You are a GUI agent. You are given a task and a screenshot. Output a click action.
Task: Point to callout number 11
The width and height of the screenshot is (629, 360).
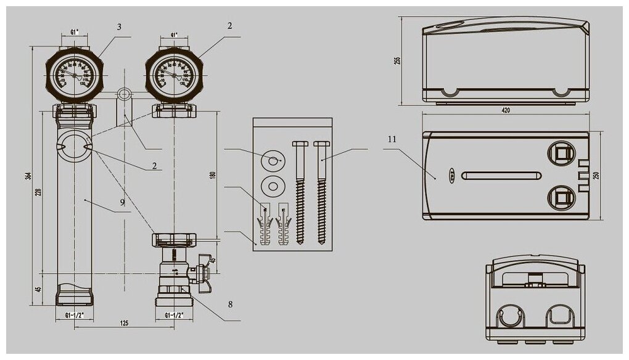click(391, 139)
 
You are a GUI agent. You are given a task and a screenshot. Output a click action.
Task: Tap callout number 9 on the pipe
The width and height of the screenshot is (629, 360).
click(122, 202)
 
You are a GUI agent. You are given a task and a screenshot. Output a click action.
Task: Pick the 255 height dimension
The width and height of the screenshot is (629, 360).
click(398, 60)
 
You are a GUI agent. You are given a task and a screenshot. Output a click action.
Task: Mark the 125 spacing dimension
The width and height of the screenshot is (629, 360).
click(125, 323)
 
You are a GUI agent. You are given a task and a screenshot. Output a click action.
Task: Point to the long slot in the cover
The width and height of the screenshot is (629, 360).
click(501, 176)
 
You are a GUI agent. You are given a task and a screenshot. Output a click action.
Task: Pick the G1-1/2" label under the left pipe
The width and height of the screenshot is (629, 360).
click(74, 315)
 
